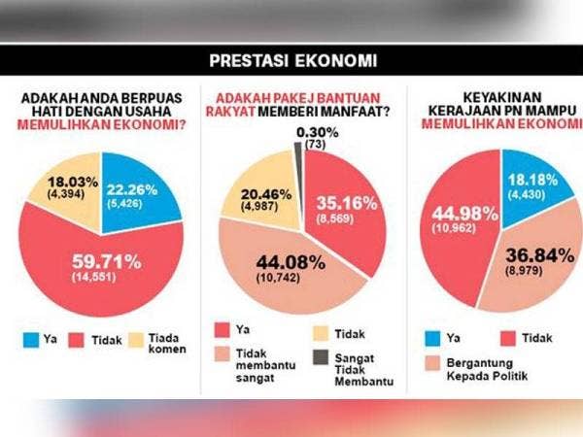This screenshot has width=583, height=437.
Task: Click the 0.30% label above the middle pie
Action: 317,132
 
